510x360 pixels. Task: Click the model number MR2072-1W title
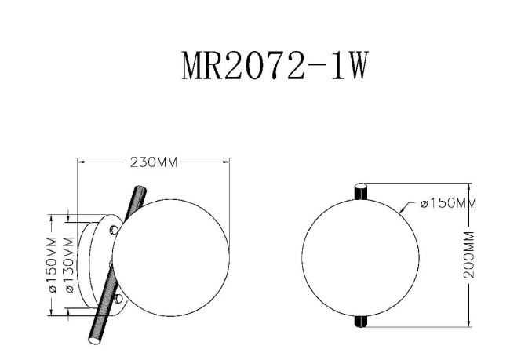coord(274,68)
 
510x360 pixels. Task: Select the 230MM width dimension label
coord(153,162)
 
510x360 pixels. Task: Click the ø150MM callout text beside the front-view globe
coord(448,204)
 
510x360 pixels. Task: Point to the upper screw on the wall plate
coord(115,229)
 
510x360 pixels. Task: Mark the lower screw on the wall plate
coord(118,299)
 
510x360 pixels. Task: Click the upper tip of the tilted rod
coord(142,189)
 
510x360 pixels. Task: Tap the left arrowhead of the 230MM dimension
coord(81,162)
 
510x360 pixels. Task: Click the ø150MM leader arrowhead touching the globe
coord(402,211)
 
